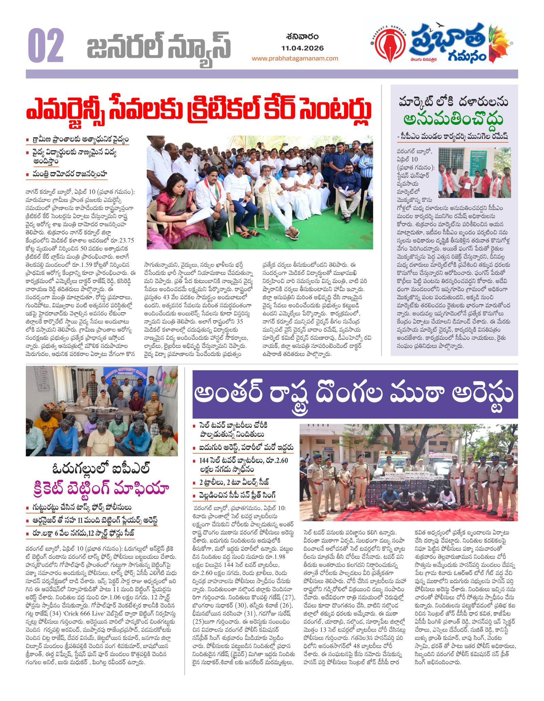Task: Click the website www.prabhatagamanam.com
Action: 295,58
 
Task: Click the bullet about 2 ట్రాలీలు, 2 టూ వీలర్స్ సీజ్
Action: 235,482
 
